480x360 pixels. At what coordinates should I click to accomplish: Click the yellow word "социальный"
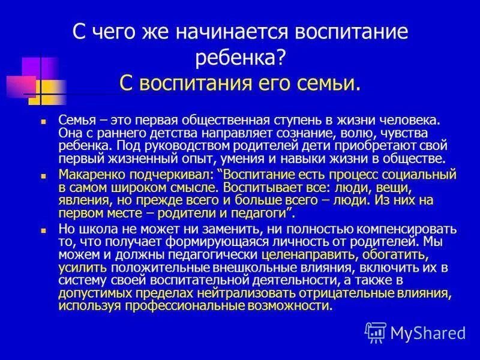422,175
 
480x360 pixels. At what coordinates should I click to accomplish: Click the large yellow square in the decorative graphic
47,92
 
